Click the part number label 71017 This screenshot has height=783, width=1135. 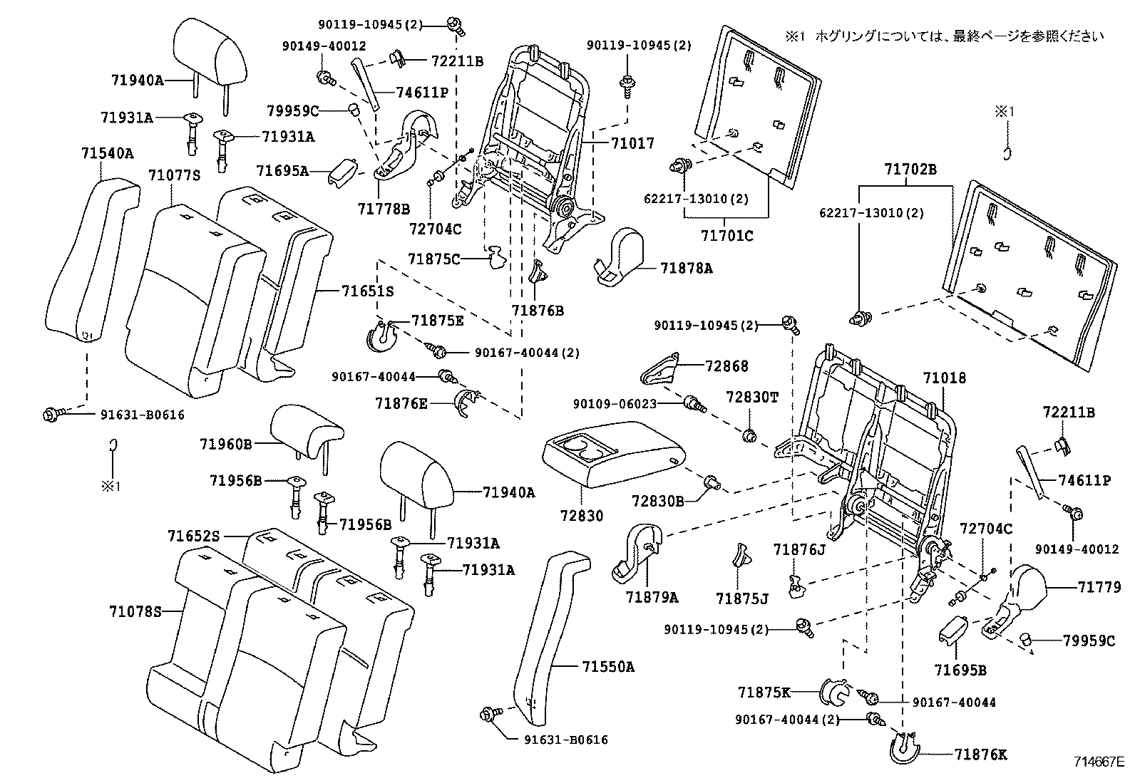click(x=632, y=143)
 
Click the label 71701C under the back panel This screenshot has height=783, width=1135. click(x=726, y=236)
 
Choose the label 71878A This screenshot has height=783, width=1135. click(x=687, y=268)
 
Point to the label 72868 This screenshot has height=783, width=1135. click(x=727, y=366)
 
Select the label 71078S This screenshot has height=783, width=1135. click(x=135, y=611)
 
